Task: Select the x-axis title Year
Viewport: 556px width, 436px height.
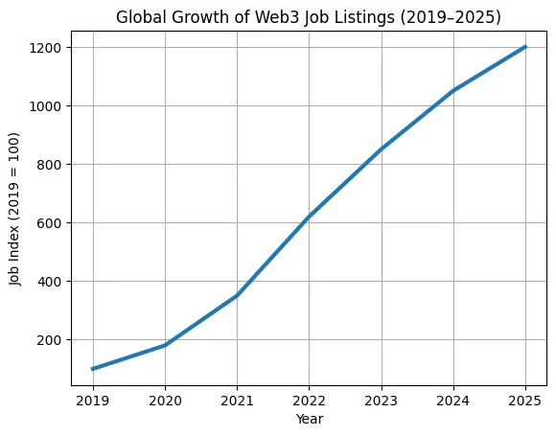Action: [x=308, y=418]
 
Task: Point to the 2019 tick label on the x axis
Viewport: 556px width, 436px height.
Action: [x=93, y=400]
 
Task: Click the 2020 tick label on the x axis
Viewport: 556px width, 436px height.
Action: [x=165, y=400]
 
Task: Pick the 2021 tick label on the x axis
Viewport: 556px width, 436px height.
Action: [x=237, y=400]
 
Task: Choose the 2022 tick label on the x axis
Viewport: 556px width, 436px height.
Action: [x=309, y=400]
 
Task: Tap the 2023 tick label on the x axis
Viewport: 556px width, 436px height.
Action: [x=381, y=400]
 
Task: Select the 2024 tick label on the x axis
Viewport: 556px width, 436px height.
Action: [x=452, y=400]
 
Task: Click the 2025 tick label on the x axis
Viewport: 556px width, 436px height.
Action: [x=524, y=400]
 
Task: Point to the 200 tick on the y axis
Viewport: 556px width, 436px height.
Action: [x=50, y=340]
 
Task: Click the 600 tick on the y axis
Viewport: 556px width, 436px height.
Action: [x=50, y=223]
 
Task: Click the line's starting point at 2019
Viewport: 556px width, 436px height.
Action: [x=93, y=369]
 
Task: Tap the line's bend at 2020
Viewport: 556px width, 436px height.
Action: [x=165, y=345]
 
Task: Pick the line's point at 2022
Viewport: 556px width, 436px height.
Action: [x=309, y=217]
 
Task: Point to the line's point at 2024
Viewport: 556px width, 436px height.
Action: [x=452, y=91]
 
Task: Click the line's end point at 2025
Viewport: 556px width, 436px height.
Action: [x=524, y=47]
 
